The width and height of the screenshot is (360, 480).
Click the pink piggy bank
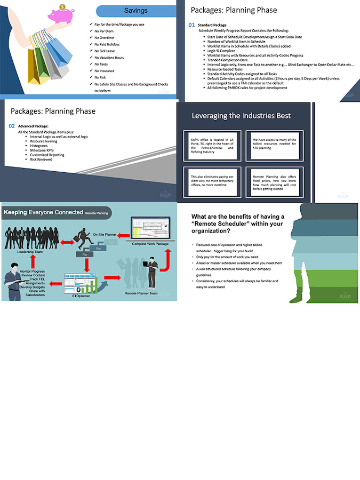click(x=61, y=14)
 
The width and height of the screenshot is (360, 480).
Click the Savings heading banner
click(x=136, y=11)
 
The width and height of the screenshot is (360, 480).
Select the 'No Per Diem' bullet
click(x=104, y=31)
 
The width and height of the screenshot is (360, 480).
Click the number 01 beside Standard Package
click(x=192, y=25)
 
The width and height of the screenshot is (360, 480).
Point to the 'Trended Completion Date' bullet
click(x=228, y=60)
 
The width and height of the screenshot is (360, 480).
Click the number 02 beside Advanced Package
click(x=12, y=126)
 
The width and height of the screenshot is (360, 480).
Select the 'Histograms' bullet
click(x=39, y=146)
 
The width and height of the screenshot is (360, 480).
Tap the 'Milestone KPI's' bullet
click(x=43, y=150)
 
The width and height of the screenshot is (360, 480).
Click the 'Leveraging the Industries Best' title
click(x=241, y=115)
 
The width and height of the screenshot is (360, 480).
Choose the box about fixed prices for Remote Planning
click(x=275, y=182)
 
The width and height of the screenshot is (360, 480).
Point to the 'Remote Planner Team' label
click(x=141, y=293)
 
